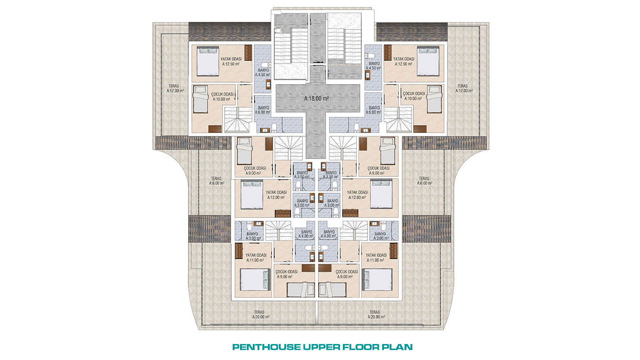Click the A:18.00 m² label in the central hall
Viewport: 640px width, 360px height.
point(316,99)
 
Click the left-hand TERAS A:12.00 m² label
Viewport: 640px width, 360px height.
point(175,88)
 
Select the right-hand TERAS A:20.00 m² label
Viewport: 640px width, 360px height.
point(376,315)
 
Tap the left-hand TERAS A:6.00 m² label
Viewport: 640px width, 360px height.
point(217,181)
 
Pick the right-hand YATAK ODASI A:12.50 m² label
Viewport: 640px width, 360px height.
point(403,61)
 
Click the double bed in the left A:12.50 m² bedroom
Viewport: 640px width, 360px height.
point(208,61)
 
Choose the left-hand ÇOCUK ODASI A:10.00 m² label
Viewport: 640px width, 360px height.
point(222,96)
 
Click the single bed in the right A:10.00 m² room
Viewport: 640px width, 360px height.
point(434,99)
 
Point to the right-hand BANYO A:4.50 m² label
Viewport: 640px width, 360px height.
point(374,66)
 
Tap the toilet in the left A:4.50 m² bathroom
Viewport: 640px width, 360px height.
point(266,65)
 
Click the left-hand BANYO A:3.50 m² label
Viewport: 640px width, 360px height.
point(302,175)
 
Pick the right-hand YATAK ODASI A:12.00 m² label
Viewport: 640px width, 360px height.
point(357,195)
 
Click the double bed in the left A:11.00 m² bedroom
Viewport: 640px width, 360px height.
point(255,280)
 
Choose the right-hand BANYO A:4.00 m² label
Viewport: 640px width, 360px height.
point(329,234)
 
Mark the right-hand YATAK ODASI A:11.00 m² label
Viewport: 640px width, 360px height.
point(376,258)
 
